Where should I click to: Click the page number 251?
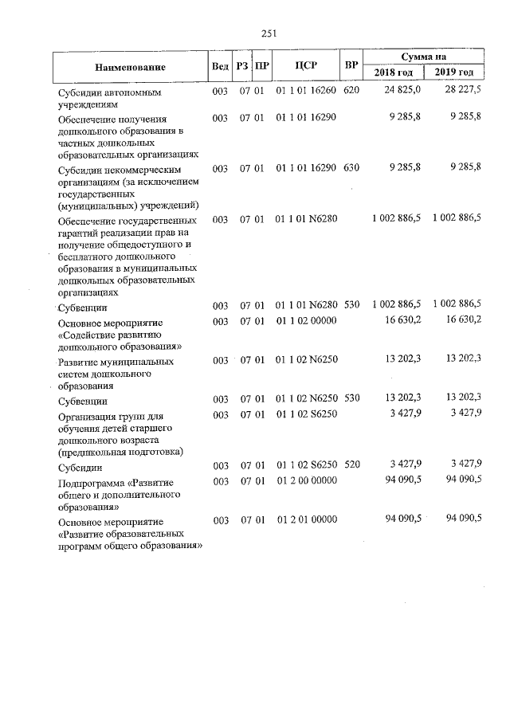[x=269, y=33]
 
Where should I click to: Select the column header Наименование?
[x=130, y=67]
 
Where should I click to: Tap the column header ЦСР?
[x=307, y=66]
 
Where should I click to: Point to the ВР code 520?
[x=351, y=464]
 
